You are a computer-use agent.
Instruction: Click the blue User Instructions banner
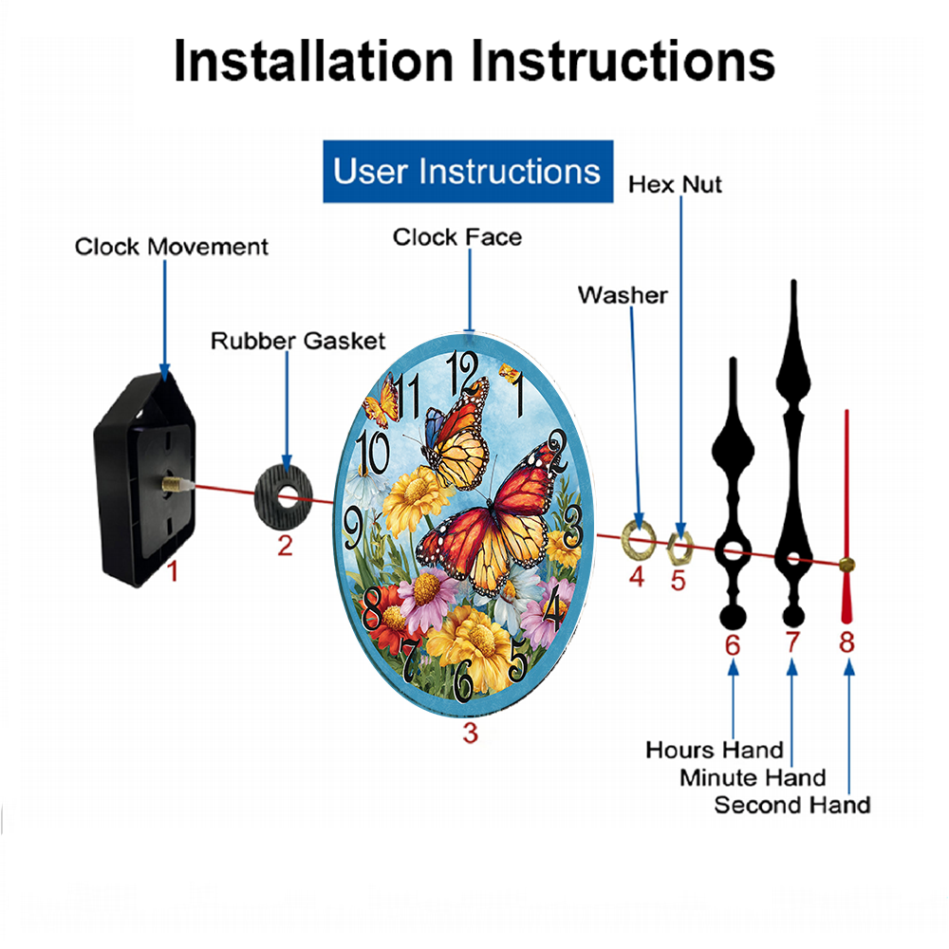pos(468,171)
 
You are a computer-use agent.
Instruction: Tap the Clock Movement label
pos(171,247)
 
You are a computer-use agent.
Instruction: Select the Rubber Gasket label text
pos(298,341)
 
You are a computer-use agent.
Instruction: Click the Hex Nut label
pos(675,185)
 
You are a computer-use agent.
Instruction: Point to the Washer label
pos(623,295)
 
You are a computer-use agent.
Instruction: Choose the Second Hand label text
pos(792,805)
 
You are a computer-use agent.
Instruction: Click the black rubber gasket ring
pos(283,498)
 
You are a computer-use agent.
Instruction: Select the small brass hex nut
pos(679,548)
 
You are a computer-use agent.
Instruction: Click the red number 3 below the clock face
pos(471,733)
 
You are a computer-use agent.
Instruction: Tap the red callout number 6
pos(733,645)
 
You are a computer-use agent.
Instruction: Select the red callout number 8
pos(847,642)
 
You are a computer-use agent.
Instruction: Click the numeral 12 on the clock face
pos(462,372)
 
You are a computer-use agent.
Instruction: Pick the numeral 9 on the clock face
pos(353,528)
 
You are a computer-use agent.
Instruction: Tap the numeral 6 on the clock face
pos(464,679)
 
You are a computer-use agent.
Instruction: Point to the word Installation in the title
pos(313,61)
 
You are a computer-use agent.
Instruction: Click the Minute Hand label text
pos(753,778)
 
